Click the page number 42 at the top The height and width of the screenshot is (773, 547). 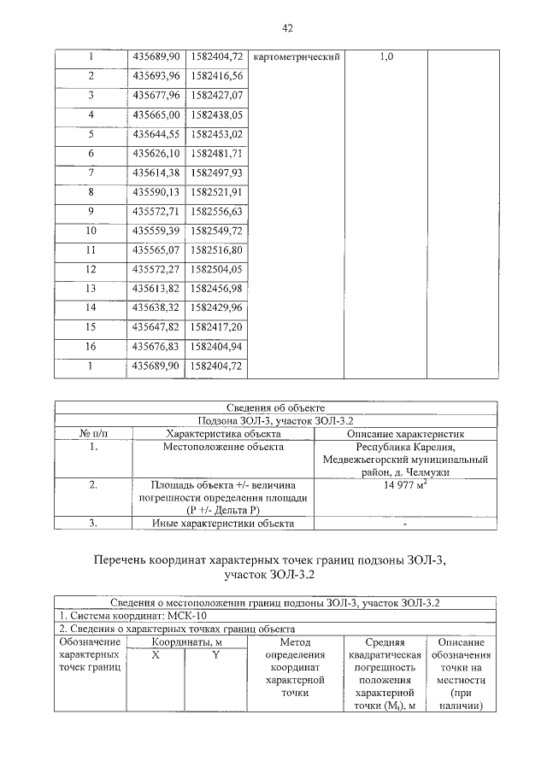(287, 29)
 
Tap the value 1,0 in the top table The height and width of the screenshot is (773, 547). (385, 56)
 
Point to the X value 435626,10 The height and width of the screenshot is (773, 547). (156, 153)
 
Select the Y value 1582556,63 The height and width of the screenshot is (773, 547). (215, 211)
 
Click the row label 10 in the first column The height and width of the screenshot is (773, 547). (91, 231)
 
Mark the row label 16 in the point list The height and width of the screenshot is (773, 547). (91, 346)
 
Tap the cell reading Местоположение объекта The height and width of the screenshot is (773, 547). (223, 447)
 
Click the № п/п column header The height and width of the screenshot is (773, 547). (94, 433)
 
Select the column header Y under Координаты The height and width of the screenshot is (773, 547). (215, 654)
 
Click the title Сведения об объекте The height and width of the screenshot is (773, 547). (275, 407)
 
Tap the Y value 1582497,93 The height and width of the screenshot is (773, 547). (215, 173)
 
